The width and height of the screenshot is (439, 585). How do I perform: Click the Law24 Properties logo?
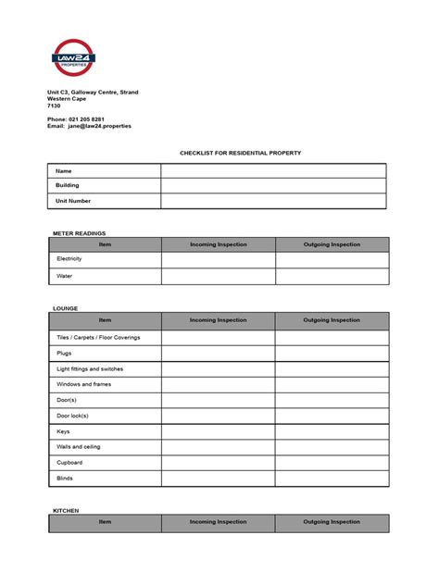coord(74,60)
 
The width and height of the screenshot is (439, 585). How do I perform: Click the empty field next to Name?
coord(273,171)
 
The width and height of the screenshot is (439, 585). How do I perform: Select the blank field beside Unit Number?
coord(273,201)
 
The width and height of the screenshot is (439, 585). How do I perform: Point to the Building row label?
coord(68,185)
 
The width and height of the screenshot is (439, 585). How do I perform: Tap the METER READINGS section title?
coord(79,233)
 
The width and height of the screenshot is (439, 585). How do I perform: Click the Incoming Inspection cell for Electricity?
coord(218,260)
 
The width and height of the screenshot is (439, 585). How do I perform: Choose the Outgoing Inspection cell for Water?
coord(332,276)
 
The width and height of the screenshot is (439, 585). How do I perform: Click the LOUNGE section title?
coord(65,308)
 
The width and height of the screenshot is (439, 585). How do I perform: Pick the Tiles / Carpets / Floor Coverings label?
coord(98,338)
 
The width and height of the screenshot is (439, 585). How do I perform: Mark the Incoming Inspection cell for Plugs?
coord(218,354)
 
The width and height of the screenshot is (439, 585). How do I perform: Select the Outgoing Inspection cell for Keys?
coord(332,431)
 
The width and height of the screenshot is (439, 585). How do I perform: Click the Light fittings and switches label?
coord(90,369)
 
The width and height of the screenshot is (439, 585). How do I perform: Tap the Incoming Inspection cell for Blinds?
coord(218,479)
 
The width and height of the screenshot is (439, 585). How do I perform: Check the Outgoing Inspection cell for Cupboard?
coord(332,463)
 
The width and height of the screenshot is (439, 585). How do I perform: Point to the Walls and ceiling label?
coord(79,447)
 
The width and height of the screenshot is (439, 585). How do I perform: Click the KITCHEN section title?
coord(66,510)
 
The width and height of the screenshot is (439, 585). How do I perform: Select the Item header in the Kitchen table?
coord(105,522)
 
